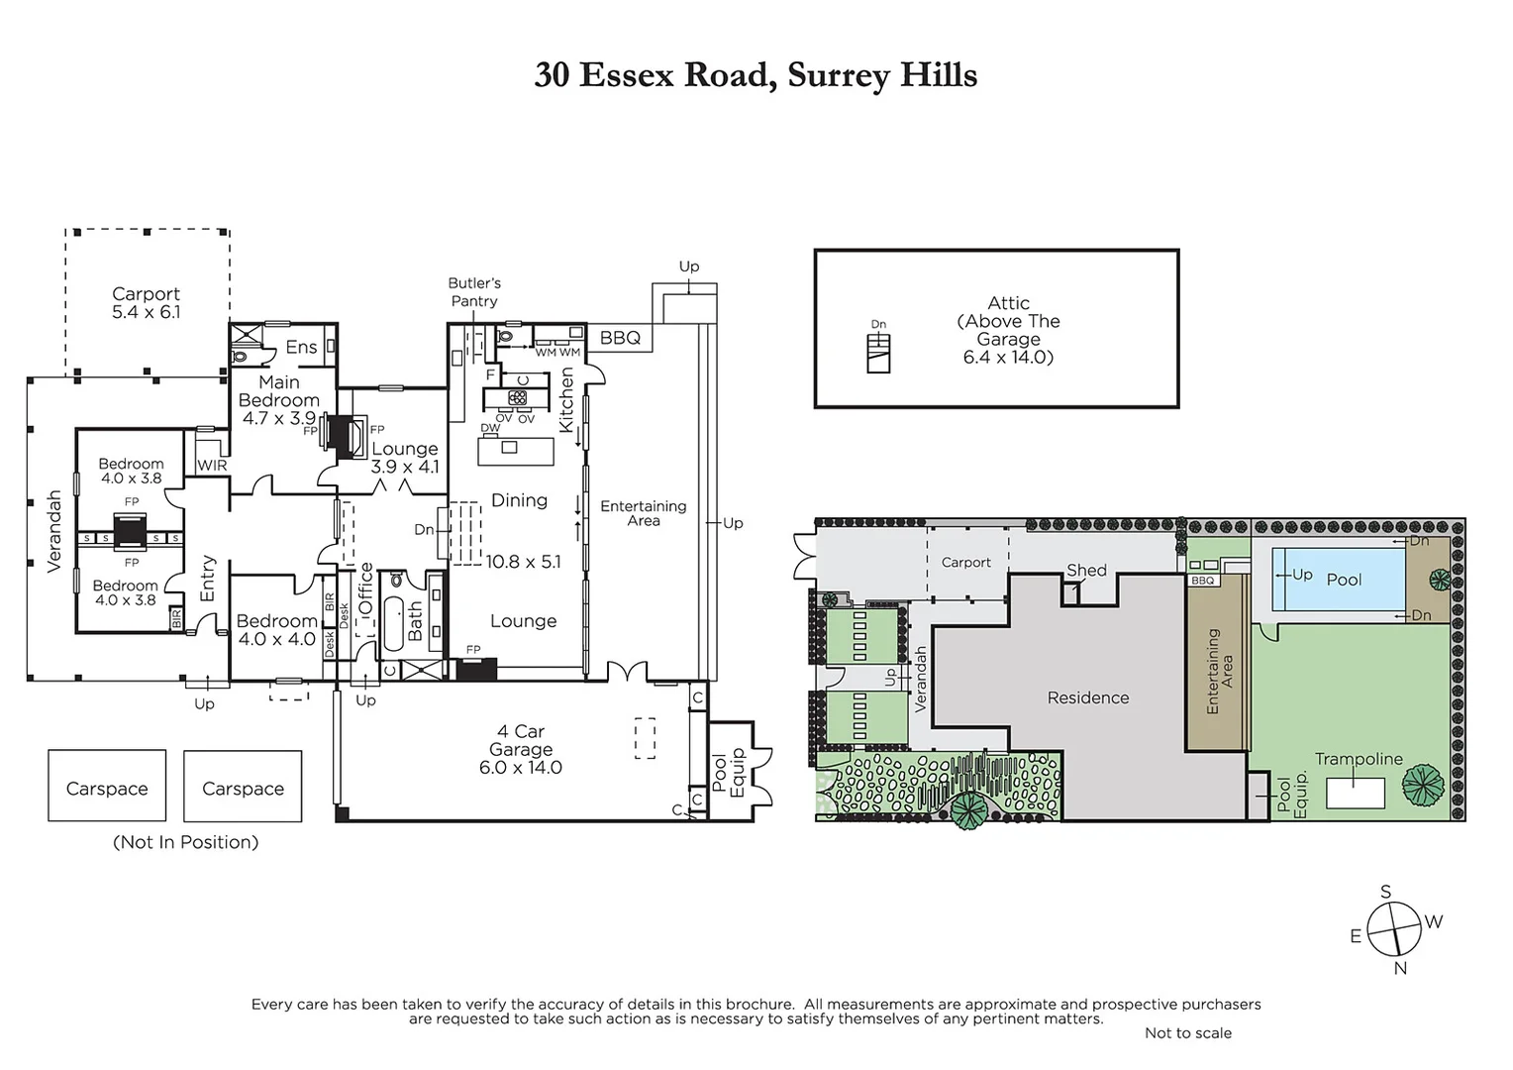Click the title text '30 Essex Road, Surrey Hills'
click(x=756, y=75)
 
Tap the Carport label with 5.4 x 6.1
click(x=146, y=303)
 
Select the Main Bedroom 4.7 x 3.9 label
click(x=278, y=400)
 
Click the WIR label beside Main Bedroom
click(x=212, y=465)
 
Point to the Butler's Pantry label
click(x=473, y=292)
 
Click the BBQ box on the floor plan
click(x=620, y=338)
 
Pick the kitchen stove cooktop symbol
click(x=517, y=398)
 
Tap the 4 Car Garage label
click(x=520, y=749)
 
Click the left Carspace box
click(x=107, y=787)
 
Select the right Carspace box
click(x=243, y=787)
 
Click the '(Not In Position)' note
click(x=185, y=842)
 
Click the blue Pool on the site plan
click(x=1338, y=580)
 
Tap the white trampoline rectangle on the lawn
click(x=1355, y=794)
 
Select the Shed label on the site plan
click(x=1086, y=571)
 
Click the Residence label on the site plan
click(x=1087, y=697)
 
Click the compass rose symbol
click(x=1394, y=931)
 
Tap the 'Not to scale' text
click(x=1187, y=1033)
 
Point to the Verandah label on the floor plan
click(x=54, y=531)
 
